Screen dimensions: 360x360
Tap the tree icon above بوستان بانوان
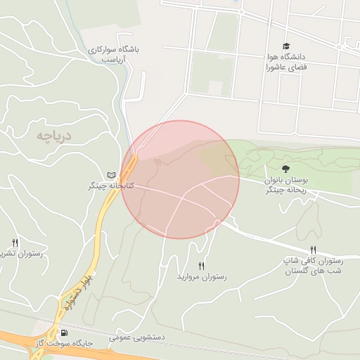[x=285, y=169]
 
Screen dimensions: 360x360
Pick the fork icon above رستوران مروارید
[x=202, y=265]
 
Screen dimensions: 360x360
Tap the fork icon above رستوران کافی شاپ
[x=313, y=250]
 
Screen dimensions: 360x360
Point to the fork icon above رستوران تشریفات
[x=15, y=242]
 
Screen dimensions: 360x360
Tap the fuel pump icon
[x=65, y=333]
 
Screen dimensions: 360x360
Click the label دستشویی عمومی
[x=136, y=338]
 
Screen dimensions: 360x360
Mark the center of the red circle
[x=180, y=179]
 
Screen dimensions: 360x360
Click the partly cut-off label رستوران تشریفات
[x=21, y=254]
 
